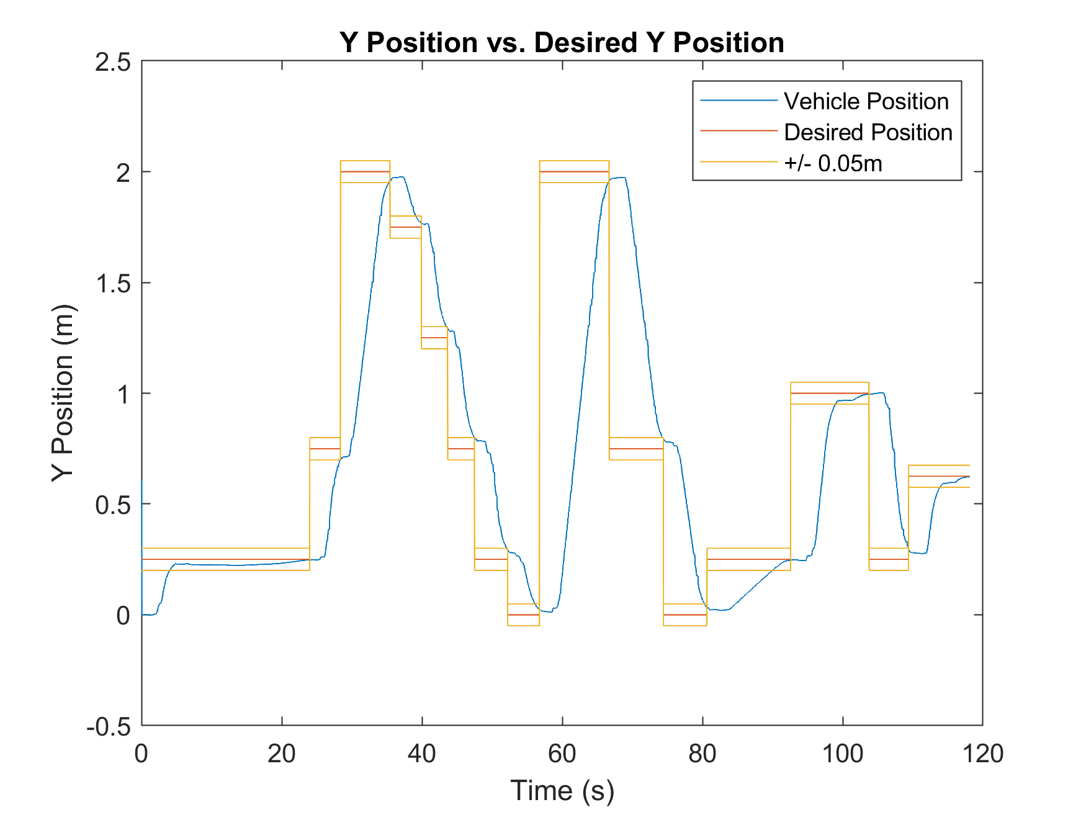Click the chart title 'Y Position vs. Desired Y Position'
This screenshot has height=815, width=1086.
pos(562,43)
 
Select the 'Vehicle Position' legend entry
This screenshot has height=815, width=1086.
pos(866,101)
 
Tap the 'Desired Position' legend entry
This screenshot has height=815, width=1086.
pos(868,132)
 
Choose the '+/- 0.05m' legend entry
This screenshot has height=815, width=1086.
pos(833,163)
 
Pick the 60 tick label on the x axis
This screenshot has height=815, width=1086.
pos(562,754)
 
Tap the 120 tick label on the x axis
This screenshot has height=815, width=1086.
pos(982,754)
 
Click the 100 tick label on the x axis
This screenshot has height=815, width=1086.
pos(842,754)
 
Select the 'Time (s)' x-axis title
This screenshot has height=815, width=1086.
pos(562,791)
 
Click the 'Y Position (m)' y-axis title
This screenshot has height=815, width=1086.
pos(62,393)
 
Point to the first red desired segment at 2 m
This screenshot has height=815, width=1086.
pos(365,171)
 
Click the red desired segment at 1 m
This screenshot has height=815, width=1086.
pos(829,394)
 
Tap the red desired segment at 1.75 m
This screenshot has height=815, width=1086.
pos(405,227)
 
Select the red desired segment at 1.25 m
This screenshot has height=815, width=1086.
pos(434,338)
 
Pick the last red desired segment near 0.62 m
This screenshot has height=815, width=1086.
pos(938,476)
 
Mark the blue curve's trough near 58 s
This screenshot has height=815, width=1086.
pos(547,612)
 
